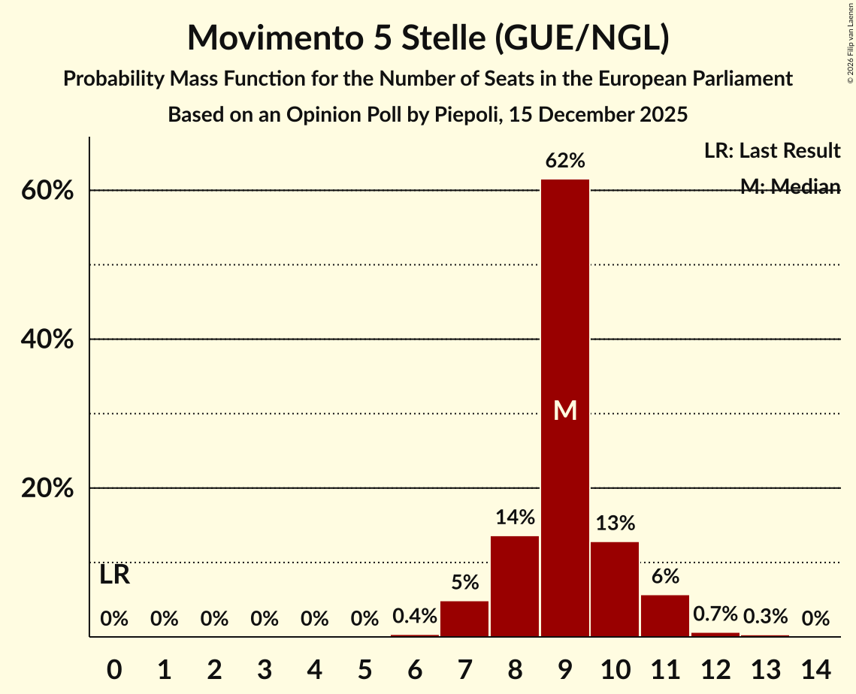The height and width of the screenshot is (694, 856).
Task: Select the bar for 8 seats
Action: point(515,586)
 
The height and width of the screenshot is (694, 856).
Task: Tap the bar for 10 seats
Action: point(615,589)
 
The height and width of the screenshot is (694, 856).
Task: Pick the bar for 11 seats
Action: point(665,616)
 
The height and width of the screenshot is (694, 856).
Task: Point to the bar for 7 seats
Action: point(464,619)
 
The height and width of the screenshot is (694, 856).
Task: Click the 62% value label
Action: point(565,161)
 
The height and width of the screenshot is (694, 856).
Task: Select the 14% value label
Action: point(515,517)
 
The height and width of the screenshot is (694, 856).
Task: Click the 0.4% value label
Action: point(415,617)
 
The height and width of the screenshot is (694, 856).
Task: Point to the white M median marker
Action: point(565,410)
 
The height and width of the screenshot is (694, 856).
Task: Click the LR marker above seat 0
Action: point(115,575)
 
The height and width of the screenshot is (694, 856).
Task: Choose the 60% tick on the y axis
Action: point(47,191)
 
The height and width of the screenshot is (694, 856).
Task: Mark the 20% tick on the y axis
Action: point(47,488)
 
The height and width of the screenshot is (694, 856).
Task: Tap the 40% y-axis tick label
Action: point(47,339)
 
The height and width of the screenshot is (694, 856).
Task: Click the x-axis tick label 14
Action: point(815,668)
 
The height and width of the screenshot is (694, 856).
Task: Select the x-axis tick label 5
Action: point(364,668)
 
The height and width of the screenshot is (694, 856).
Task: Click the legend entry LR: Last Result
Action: point(772,151)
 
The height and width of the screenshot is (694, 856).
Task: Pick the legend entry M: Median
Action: point(790,187)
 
